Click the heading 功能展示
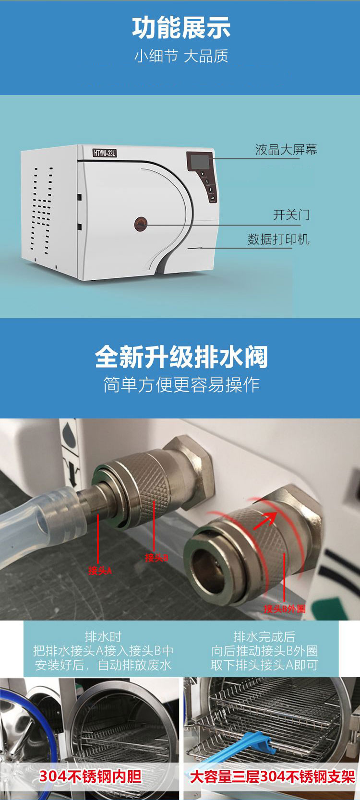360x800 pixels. (181, 28)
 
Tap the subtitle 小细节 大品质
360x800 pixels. (181, 56)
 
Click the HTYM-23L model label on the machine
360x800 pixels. (104, 153)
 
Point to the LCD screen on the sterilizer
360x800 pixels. (200, 162)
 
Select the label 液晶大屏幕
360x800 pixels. (286, 150)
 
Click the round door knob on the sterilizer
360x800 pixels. (141, 224)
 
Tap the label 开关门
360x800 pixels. (291, 215)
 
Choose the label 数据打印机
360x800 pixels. (278, 239)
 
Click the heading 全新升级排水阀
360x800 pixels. (181, 357)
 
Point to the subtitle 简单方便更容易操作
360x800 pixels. (181, 384)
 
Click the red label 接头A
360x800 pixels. (100, 570)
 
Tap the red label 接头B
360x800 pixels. (156, 557)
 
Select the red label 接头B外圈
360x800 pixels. (285, 609)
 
